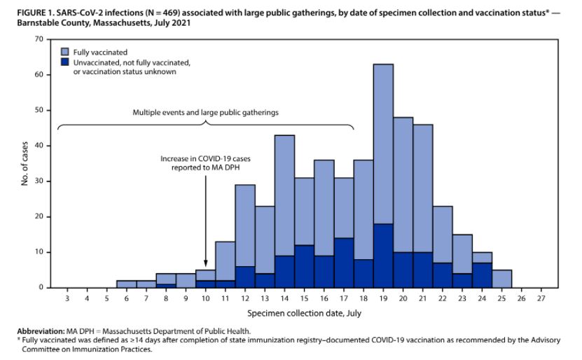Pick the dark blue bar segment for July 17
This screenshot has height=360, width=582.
(x=343, y=263)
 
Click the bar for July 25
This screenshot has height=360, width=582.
(x=501, y=278)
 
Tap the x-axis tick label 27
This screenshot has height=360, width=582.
(x=541, y=299)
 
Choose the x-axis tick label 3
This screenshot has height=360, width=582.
(x=67, y=299)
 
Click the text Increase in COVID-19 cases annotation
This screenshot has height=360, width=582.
(x=205, y=159)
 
